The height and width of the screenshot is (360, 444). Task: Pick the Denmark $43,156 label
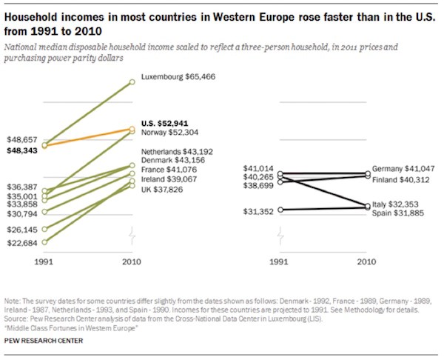pos(172,160)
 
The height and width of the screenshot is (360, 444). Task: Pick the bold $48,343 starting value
pos(23,150)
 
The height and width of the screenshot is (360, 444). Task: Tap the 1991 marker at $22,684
pos(45,241)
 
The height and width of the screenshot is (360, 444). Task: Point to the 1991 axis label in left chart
pos(45,262)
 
